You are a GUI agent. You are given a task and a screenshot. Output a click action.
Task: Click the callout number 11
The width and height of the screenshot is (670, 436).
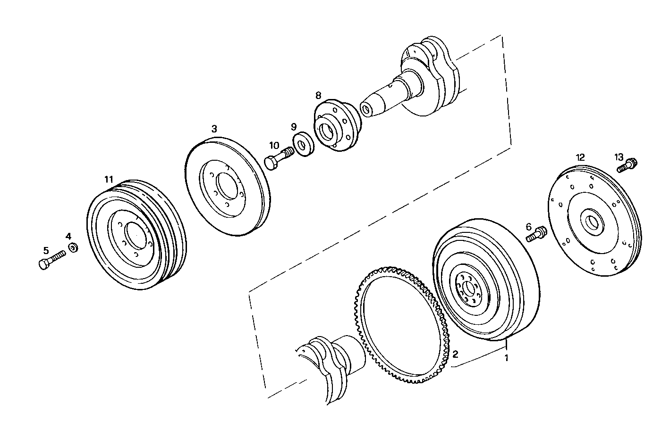point(109,179)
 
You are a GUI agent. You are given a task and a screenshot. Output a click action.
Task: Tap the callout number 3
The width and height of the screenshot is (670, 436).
point(214,128)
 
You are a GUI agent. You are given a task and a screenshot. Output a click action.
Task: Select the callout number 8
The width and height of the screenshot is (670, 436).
point(318,95)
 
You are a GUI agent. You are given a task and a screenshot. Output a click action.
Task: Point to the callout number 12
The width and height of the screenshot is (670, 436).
point(580,156)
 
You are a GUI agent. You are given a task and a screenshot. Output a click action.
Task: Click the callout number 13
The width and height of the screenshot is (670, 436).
point(619,156)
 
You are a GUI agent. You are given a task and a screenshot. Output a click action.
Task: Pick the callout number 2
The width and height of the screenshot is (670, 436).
point(455,354)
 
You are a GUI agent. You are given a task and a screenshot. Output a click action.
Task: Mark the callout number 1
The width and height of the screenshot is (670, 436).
point(506,358)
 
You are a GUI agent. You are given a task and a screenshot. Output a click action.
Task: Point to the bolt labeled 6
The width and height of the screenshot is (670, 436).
point(536,234)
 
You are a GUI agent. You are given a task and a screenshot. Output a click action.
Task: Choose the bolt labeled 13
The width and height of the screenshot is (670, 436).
point(628,165)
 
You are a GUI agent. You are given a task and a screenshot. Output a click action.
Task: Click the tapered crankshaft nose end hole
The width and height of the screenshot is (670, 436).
point(365,110)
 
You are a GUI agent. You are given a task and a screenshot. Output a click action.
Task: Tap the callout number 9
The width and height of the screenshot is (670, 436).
point(294,126)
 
